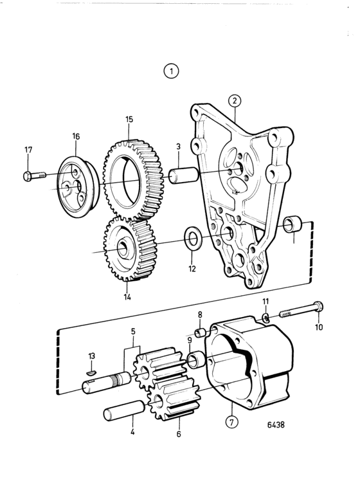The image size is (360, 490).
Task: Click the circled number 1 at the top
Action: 171,71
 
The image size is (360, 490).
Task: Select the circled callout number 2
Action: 235,100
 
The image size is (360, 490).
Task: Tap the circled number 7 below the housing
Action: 231,422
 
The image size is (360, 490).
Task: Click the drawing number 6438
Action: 276,424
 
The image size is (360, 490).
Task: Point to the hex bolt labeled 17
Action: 34,176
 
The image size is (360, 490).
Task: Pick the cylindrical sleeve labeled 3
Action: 183,175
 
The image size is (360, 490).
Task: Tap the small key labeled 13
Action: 91,372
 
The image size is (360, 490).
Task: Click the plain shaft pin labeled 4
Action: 123,411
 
